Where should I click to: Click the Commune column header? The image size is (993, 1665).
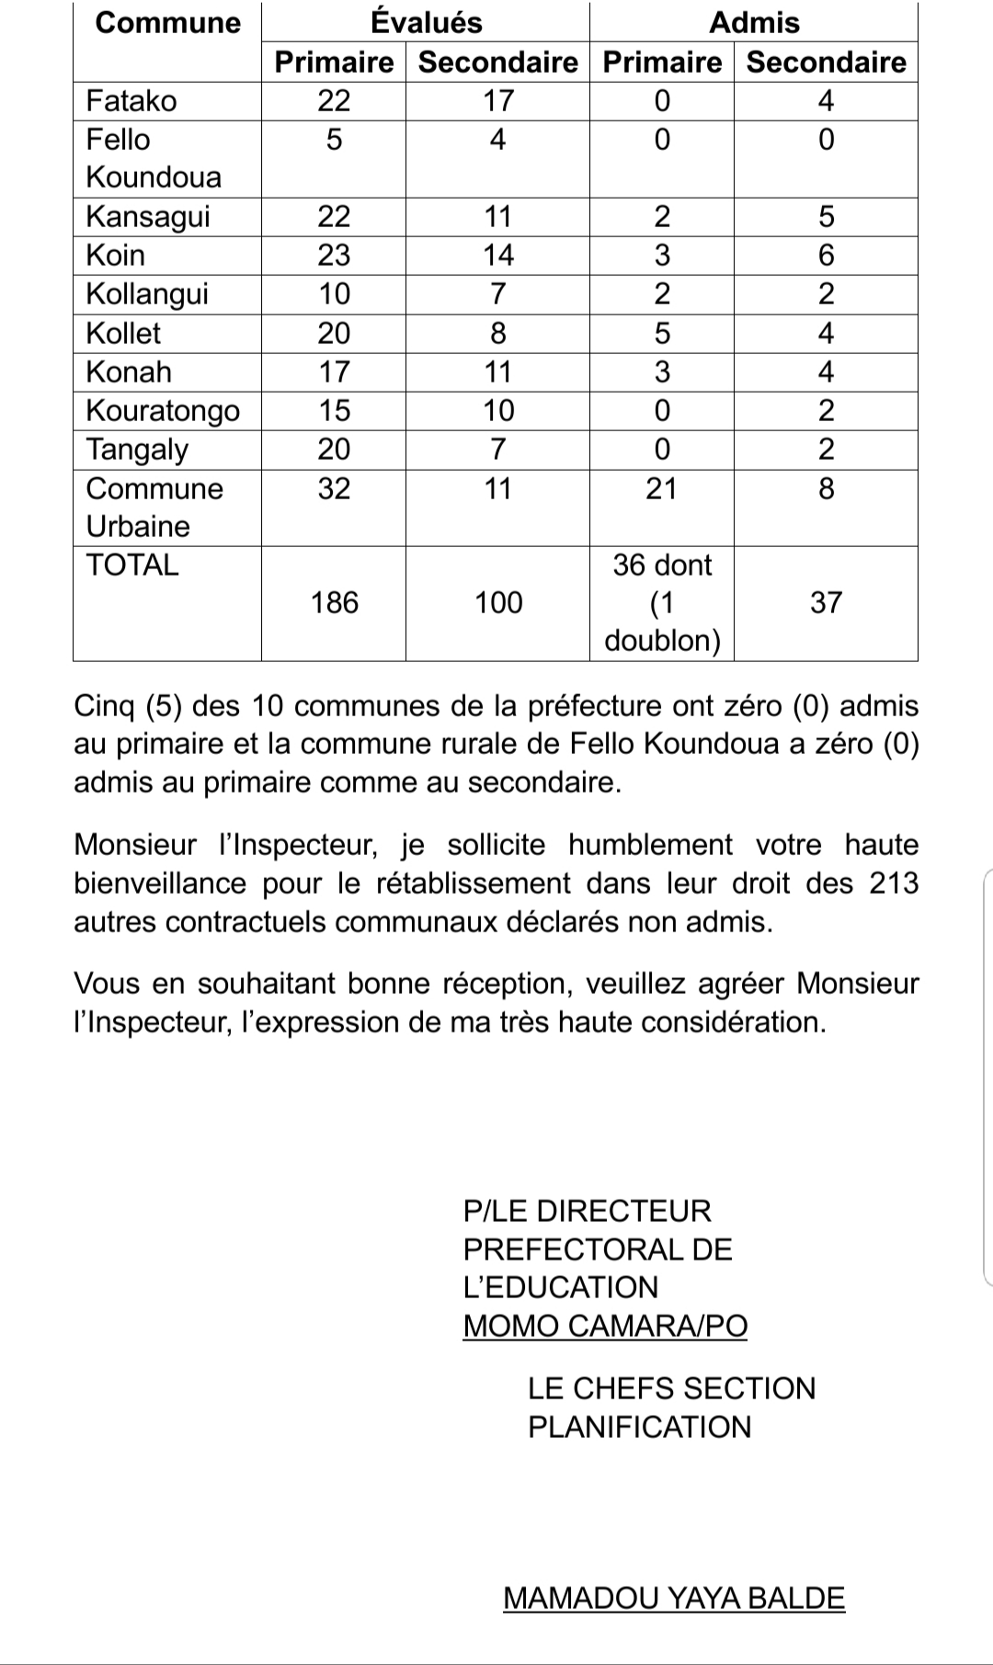pyautogui.click(x=167, y=22)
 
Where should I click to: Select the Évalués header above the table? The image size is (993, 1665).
pyautogui.click(x=426, y=22)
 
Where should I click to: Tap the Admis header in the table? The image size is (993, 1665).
pyautogui.click(x=754, y=22)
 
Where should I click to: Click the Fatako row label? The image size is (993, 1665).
pyautogui.click(x=131, y=100)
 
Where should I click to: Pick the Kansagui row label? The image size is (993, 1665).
pyautogui.click(x=148, y=217)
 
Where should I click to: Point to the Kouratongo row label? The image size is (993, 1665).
pyautogui.click(x=163, y=410)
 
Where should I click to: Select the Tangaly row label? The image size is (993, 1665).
pyautogui.click(x=137, y=450)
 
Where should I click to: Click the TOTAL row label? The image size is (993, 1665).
pyautogui.click(x=132, y=565)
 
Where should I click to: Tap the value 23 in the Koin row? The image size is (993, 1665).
pyautogui.click(x=334, y=255)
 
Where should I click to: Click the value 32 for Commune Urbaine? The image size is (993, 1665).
pyautogui.click(x=334, y=488)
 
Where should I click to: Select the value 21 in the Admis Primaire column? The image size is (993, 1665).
pyautogui.click(x=661, y=488)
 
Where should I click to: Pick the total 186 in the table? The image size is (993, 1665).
pyautogui.click(x=334, y=602)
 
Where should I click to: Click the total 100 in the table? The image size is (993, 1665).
pyautogui.click(x=497, y=602)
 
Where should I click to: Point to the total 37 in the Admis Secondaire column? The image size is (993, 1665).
pyautogui.click(x=826, y=602)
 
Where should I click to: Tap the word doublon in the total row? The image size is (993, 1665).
pyautogui.click(x=662, y=641)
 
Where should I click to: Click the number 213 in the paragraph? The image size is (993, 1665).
pyautogui.click(x=894, y=883)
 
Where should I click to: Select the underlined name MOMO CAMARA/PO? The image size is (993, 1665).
pyautogui.click(x=605, y=1326)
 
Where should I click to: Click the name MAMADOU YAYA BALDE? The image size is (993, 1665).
pyautogui.click(x=674, y=1598)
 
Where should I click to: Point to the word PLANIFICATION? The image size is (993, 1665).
pyautogui.click(x=639, y=1427)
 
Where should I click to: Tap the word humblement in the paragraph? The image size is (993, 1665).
pyautogui.click(x=650, y=844)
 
